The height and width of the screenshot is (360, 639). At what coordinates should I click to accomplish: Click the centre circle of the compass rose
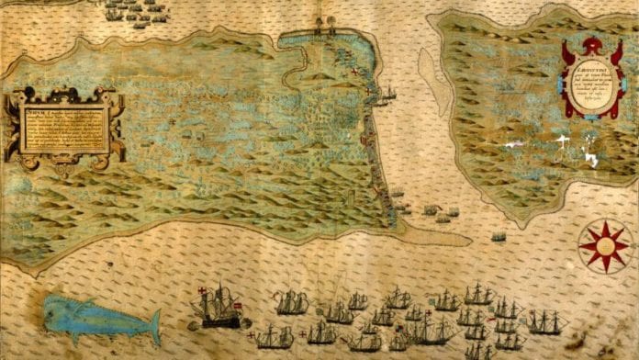[604, 244]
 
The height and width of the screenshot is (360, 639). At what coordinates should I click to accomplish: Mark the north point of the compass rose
[604, 221]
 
